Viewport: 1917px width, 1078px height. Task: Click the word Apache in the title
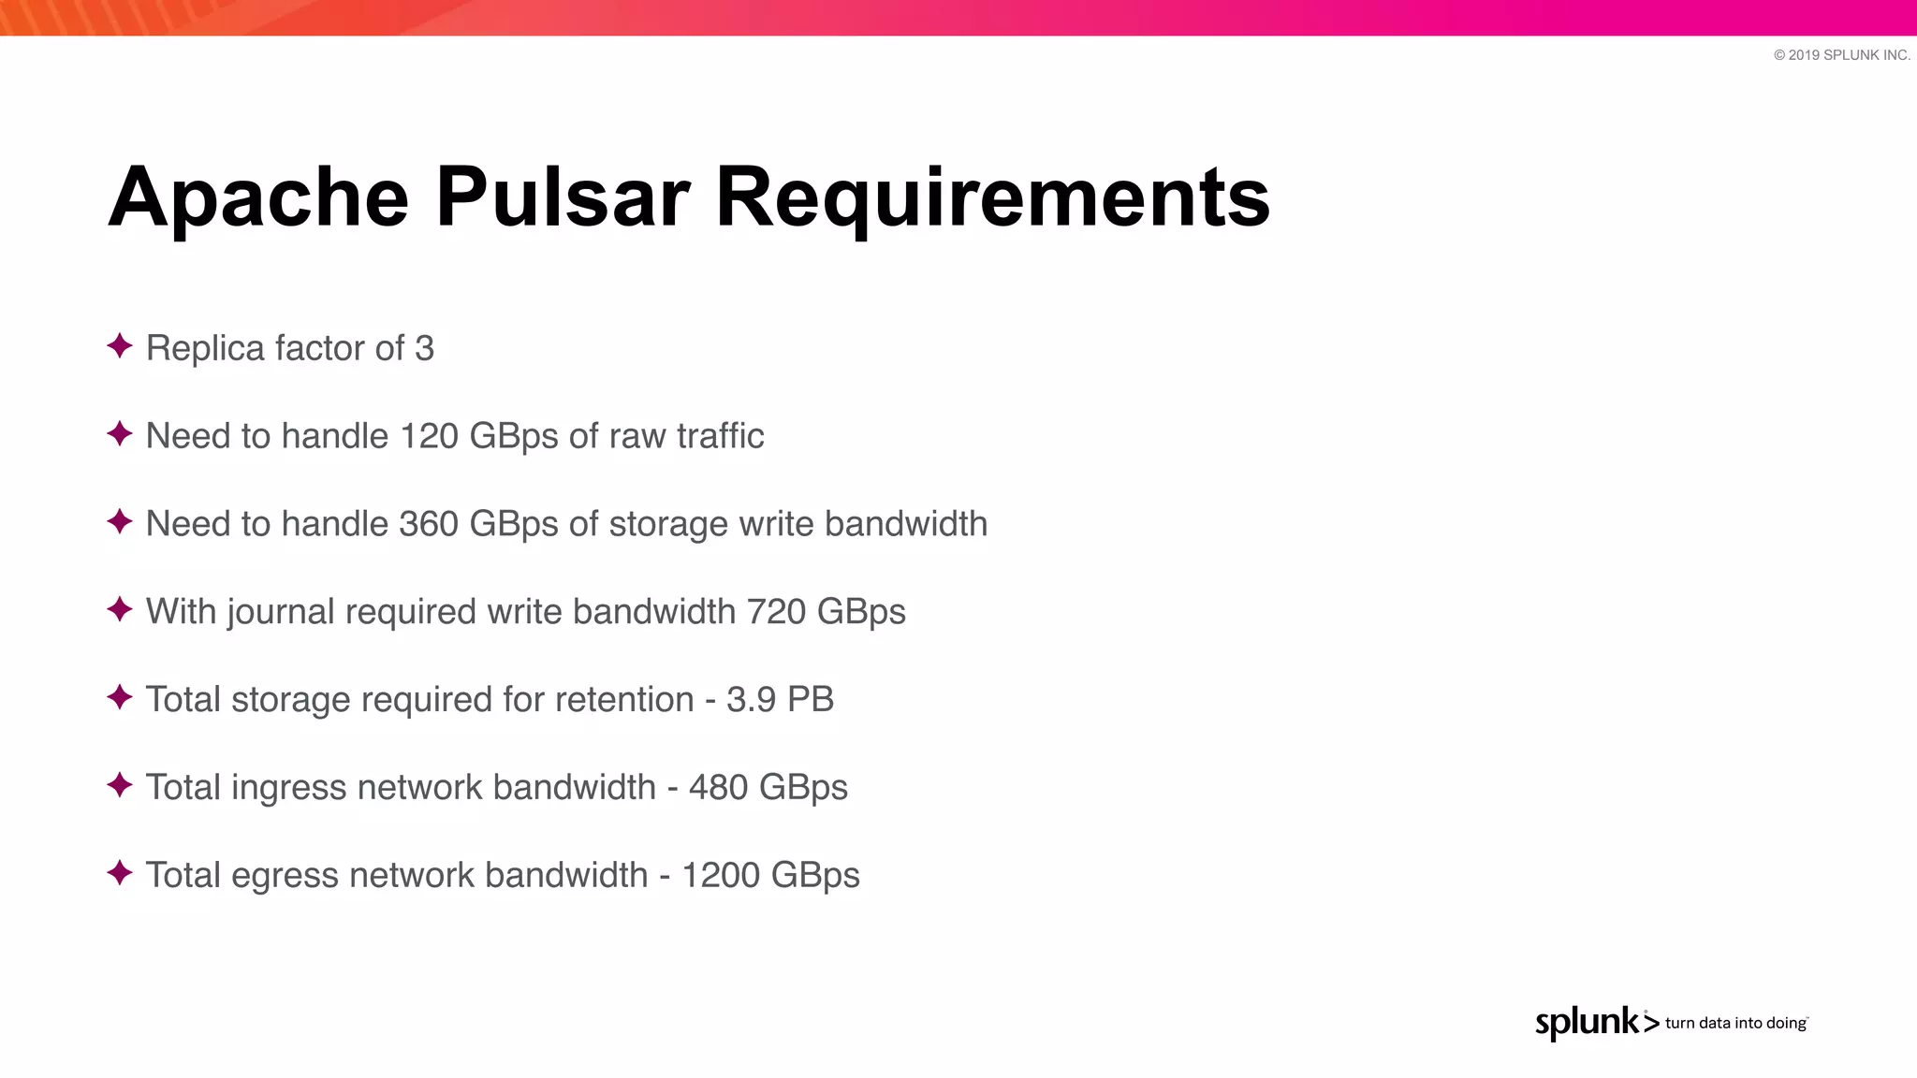[258, 197]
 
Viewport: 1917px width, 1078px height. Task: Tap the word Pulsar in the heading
[563, 197]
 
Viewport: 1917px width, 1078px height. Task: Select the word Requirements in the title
[992, 197]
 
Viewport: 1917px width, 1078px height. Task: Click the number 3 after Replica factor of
[424, 348]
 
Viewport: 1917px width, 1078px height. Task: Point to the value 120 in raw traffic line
[429, 436]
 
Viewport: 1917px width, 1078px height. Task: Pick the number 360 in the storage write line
[429, 524]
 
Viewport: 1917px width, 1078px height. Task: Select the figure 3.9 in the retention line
[752, 700]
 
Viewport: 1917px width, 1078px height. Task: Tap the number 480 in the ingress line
[718, 788]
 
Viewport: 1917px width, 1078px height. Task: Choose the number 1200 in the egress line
[720, 876]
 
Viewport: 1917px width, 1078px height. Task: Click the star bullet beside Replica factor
[120, 346]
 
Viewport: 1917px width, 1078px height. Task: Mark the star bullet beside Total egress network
[120, 873]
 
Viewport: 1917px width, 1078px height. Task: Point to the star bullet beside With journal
[120, 609]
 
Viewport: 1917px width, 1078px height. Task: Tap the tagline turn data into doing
[1735, 1023]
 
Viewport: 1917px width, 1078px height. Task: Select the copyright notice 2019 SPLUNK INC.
[1841, 55]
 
